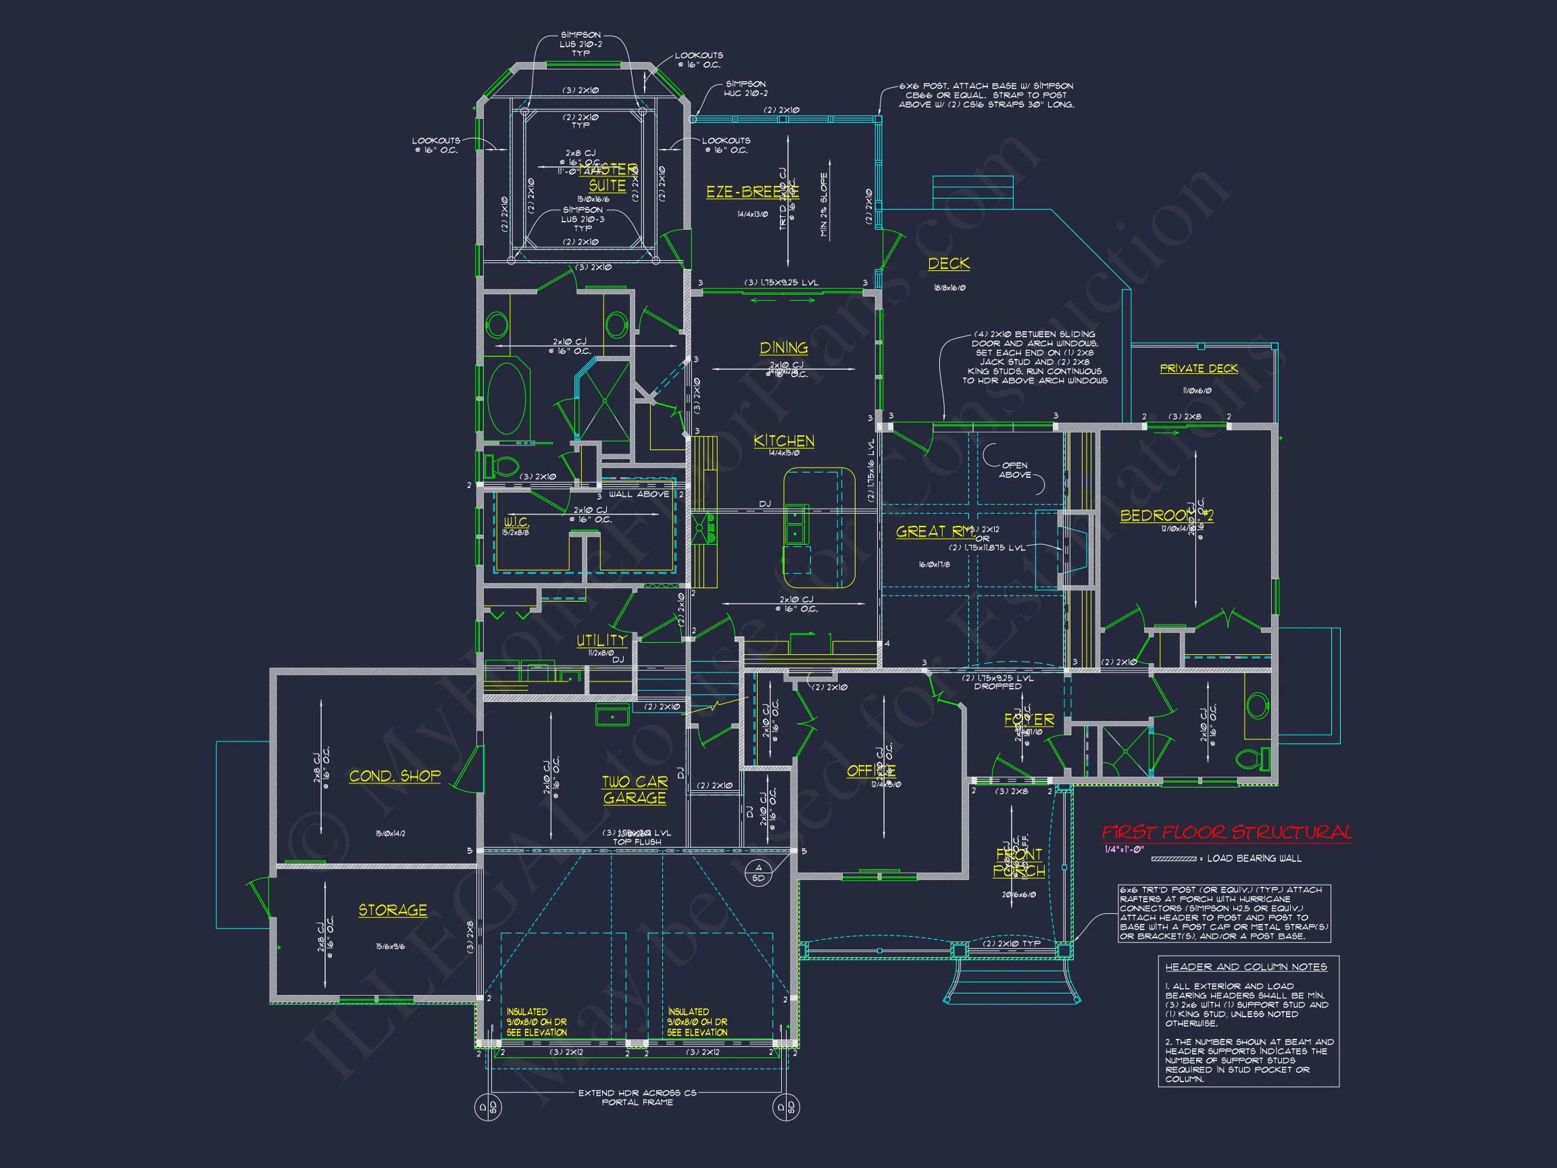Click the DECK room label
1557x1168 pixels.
coord(948,264)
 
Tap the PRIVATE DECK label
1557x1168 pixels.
coord(1199,369)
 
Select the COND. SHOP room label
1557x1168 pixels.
coord(395,776)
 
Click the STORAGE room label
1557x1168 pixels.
coord(393,910)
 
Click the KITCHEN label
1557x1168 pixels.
coord(783,441)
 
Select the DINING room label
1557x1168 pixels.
coord(783,348)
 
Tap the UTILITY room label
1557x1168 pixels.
coord(601,641)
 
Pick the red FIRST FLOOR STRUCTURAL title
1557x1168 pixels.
coord(1226,833)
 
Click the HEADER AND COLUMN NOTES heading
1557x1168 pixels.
coord(1246,967)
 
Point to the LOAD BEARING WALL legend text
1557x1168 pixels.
coord(1254,858)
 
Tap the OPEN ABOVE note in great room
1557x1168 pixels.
coord(1014,470)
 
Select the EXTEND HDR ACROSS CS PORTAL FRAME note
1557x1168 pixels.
coord(637,1098)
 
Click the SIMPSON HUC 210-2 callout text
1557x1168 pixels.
coord(745,89)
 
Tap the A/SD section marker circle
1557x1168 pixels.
coord(758,873)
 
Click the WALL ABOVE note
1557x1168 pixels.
coord(639,494)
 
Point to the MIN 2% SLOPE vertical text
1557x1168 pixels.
coord(824,205)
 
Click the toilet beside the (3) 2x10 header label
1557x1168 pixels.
coord(501,465)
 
